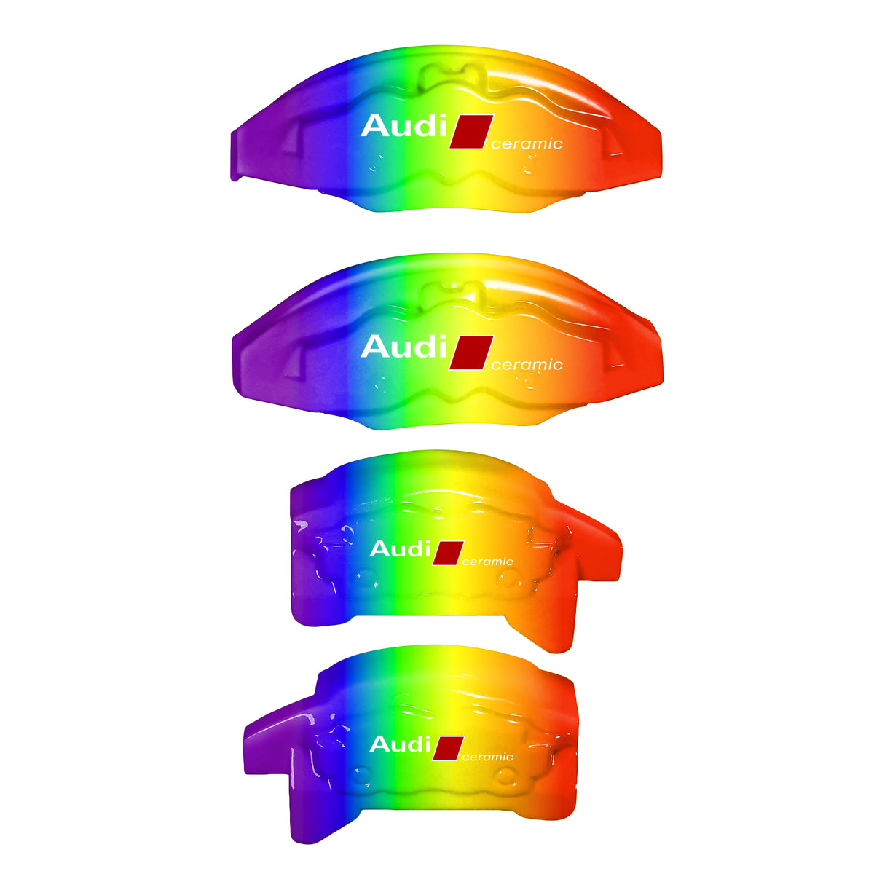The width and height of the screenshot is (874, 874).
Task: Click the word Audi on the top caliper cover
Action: (403, 126)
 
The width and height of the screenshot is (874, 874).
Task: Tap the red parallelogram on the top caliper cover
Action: (471, 132)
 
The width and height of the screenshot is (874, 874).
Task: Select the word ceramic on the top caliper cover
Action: (527, 144)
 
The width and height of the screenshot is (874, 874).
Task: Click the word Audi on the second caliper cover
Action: (403, 347)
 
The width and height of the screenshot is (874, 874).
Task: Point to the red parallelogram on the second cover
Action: (471, 353)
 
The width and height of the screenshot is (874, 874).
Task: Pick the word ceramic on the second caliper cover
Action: (527, 365)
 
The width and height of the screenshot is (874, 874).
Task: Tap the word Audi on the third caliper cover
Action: (400, 548)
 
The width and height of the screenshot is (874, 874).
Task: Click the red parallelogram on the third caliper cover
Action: (448, 553)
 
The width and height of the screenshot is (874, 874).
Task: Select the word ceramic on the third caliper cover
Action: (488, 562)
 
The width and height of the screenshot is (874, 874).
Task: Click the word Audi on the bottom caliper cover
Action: (400, 744)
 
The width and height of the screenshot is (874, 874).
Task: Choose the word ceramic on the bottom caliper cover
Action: (488, 757)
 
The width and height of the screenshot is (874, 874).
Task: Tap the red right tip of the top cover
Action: (648, 153)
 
